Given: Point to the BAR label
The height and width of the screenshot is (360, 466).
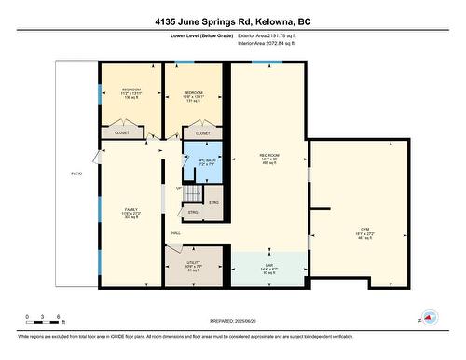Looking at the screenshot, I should tap(268, 268).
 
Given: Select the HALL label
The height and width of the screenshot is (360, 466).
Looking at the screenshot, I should tap(175, 233).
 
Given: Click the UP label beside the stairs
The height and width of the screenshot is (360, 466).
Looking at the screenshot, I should tap(178, 188).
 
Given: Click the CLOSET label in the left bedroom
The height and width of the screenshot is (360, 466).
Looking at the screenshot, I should tap(122, 133).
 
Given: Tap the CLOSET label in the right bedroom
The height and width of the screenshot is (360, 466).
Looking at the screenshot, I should tap(202, 133).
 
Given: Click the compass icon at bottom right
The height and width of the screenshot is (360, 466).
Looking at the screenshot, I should tap(430, 316).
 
